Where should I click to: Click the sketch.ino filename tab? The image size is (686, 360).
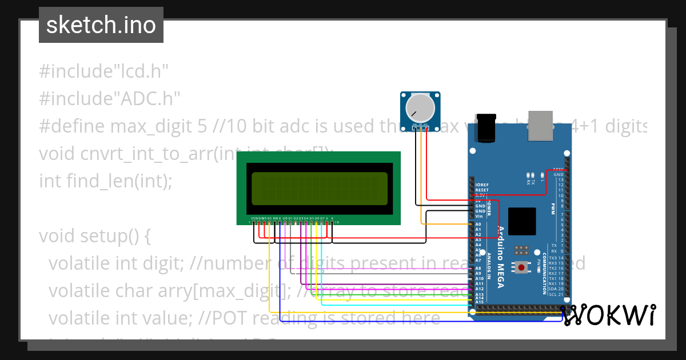101,25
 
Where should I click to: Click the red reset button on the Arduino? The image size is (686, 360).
521,267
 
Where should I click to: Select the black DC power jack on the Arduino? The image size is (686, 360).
486,127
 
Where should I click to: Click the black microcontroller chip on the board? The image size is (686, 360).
521,221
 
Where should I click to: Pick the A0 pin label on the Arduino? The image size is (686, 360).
478,225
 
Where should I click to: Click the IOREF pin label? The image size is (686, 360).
481,185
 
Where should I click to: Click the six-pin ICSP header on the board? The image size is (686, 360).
521,250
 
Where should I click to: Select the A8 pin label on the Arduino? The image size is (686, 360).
478,268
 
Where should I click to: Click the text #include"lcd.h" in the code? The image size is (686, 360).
103,71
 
